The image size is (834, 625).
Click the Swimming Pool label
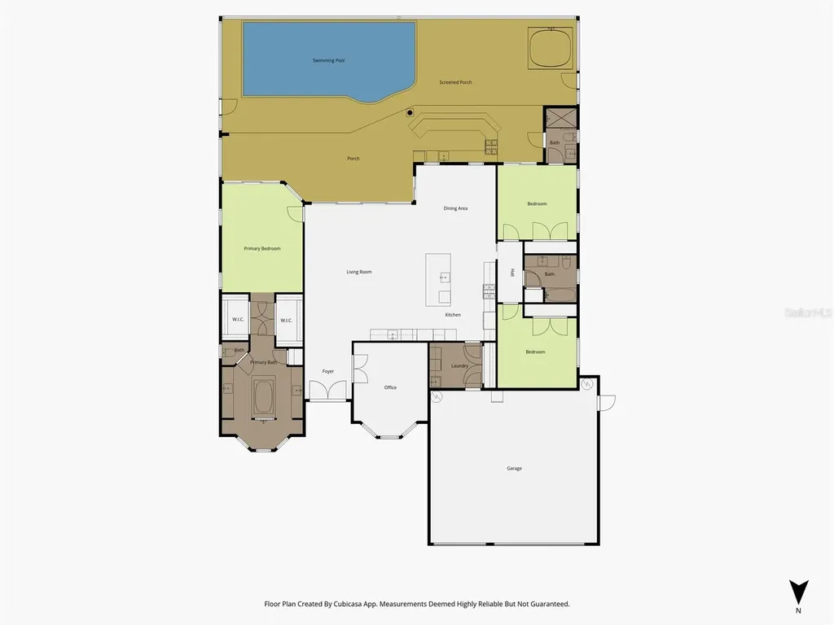pos(329,61)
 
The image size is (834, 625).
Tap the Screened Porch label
pos(455,82)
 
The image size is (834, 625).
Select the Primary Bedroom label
pos(262,248)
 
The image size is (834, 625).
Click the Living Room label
pos(359,272)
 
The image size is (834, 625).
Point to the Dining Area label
pos(455,208)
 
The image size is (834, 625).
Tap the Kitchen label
pos(453,315)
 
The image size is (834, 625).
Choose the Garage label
pos(514,468)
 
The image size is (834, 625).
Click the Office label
pos(390,387)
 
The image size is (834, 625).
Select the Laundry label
pos(459,366)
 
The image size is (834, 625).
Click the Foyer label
pos(328,371)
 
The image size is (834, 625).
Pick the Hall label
pos(512,273)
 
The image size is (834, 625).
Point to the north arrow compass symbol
pos(799,592)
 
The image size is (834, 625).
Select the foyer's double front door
pos(328,391)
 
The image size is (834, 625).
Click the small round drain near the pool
pos(410,113)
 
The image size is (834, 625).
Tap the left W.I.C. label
pos(238,321)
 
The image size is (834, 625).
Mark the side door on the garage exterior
pos(606,402)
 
